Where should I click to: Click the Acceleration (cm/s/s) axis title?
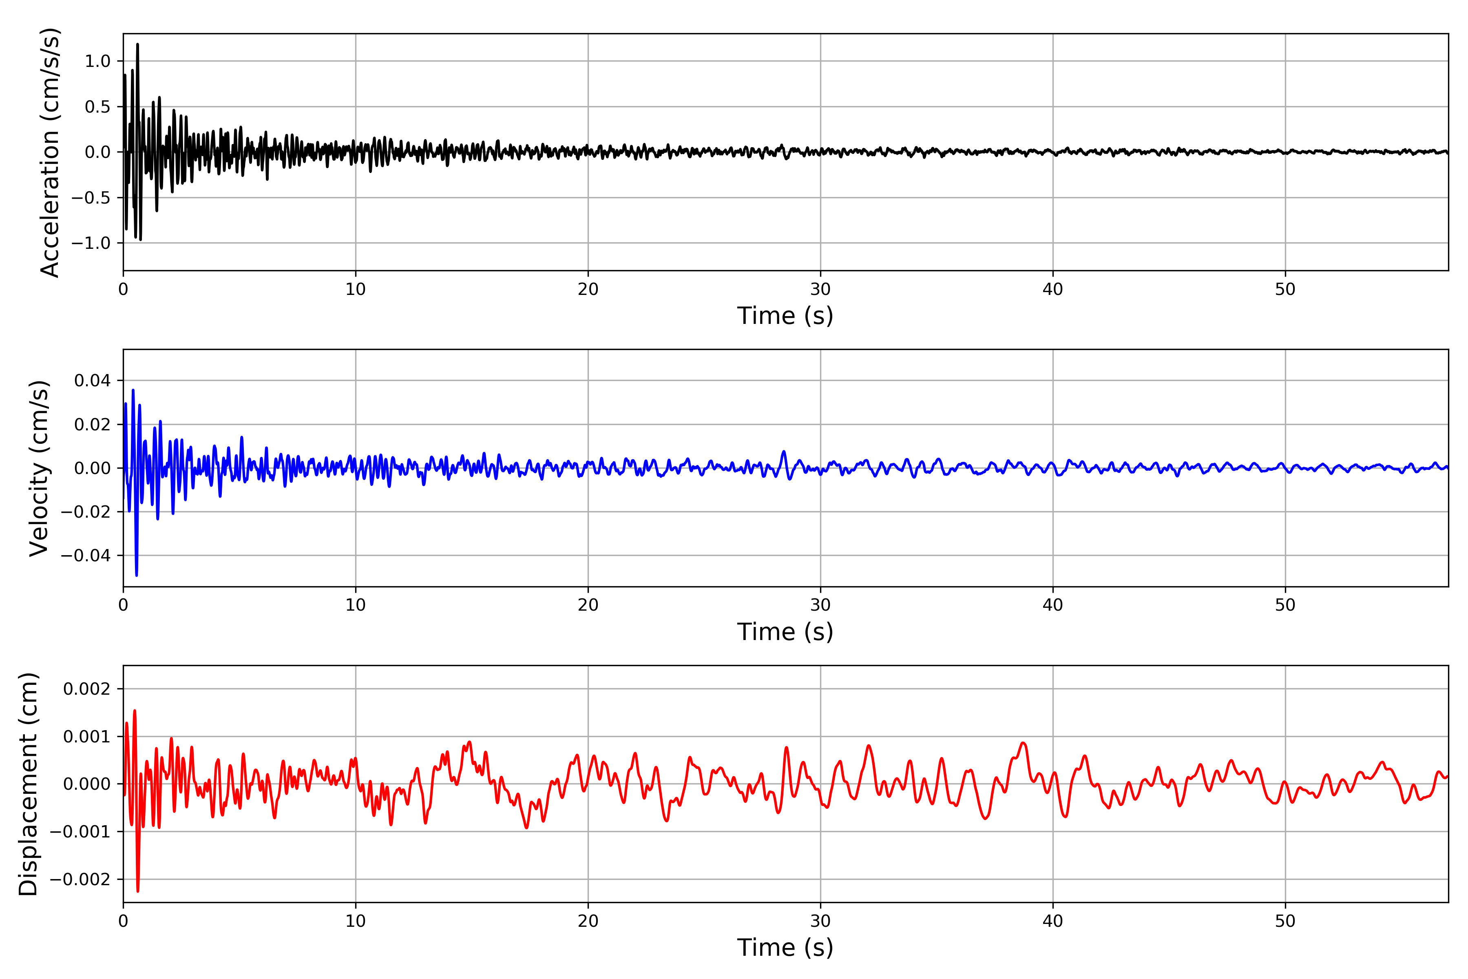click(x=50, y=152)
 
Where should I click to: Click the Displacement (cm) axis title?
click(x=28, y=784)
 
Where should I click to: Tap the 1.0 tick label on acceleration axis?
click(x=97, y=61)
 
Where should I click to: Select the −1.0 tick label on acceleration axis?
click(x=91, y=243)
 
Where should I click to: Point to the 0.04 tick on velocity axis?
click(x=93, y=380)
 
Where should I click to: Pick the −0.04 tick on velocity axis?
click(x=86, y=555)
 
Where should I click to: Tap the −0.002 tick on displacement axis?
click(x=80, y=879)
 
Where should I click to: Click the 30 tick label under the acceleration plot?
click(x=820, y=289)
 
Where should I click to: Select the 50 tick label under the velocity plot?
click(x=1285, y=605)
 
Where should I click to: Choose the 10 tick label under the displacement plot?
click(x=356, y=921)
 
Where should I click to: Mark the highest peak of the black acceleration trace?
click(x=137, y=44)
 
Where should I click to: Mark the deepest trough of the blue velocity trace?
click(x=137, y=575)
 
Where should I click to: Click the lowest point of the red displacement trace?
click(x=138, y=891)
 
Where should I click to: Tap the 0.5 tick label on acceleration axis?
click(x=97, y=107)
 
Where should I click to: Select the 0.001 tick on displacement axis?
click(x=87, y=737)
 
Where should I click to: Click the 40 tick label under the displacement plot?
click(x=1053, y=921)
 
